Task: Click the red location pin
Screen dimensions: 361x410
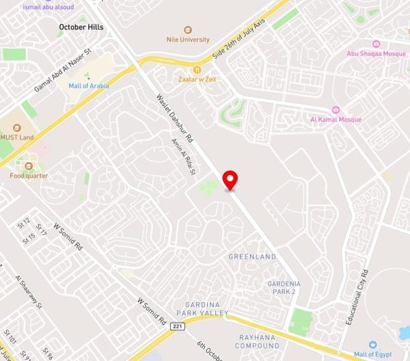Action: [x=231, y=180]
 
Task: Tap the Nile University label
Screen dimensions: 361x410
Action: [x=188, y=40]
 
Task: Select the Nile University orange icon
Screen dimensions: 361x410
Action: [x=188, y=29]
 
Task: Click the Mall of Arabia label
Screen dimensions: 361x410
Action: [x=88, y=86]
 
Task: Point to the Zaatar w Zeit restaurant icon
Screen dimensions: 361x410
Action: [x=197, y=69]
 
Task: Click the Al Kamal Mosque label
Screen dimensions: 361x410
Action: [x=336, y=120]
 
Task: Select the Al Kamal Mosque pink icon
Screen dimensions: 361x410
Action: [x=336, y=109]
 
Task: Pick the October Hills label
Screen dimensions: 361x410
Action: [x=81, y=27]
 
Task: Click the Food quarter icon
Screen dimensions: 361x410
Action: [x=29, y=165]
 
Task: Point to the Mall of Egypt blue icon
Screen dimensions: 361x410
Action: [x=373, y=345]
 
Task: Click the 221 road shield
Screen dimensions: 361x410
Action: [x=178, y=327]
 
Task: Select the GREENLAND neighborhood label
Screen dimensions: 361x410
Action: [x=253, y=256]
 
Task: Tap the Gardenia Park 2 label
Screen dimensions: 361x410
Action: [x=284, y=287]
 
